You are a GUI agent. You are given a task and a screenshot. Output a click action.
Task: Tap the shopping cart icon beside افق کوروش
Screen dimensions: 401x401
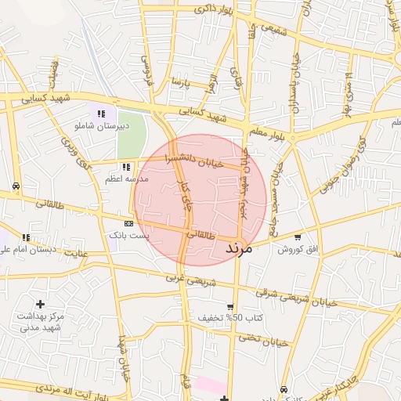pyautogui.click(x=298, y=237)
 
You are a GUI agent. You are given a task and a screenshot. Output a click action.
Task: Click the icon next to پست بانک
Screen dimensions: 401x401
pyautogui.click(x=128, y=223)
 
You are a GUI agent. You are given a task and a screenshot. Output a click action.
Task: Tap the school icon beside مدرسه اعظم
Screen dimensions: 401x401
pyautogui.click(x=126, y=167)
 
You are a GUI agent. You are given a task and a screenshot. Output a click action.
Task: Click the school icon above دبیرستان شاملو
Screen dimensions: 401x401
pyautogui.click(x=101, y=114)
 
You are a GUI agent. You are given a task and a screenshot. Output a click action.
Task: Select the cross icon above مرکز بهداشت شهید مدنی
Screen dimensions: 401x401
pyautogui.click(x=41, y=303)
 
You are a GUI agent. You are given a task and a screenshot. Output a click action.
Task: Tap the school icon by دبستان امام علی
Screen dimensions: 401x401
pyautogui.click(x=26, y=237)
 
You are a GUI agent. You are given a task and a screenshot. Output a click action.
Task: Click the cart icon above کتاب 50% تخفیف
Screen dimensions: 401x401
pyautogui.click(x=230, y=306)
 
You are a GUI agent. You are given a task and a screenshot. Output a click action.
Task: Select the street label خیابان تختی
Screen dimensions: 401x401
pyautogui.click(x=259, y=341)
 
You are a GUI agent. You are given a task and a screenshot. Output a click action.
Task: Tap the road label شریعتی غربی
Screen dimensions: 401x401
pyautogui.click(x=185, y=277)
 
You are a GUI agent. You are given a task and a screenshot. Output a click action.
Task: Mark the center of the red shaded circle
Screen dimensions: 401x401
pyautogui.click(x=200, y=200)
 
